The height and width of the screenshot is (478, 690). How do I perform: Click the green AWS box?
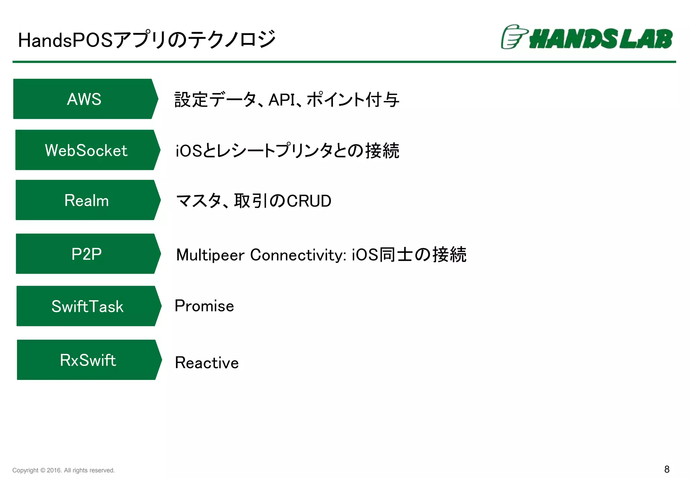[x=84, y=99]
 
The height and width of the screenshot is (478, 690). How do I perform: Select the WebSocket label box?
[x=86, y=150]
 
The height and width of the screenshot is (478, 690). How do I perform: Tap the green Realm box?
[x=87, y=200]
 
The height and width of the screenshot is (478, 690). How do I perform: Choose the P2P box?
[x=87, y=254]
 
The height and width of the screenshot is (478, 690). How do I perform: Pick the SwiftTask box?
[x=87, y=306]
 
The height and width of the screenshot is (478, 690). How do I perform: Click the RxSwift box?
[x=88, y=360]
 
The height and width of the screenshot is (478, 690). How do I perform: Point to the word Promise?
[x=204, y=306]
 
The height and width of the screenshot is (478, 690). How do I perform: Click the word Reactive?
[x=207, y=363]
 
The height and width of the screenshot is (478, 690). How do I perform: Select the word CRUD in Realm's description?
[x=309, y=201]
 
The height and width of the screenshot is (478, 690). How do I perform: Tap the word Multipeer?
[x=210, y=255]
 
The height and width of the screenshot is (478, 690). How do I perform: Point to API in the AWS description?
[x=281, y=100]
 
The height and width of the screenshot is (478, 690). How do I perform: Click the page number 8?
[x=666, y=469]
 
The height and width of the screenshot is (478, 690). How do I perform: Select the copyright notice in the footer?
[x=63, y=470]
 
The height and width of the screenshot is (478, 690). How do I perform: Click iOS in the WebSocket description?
[x=189, y=151]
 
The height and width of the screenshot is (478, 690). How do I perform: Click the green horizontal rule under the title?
[x=344, y=62]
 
